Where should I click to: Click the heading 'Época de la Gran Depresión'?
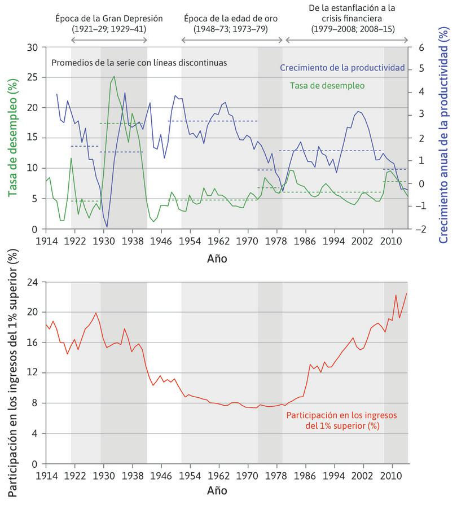tap(109, 19)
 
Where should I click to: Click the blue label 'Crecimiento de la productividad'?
tap(342, 68)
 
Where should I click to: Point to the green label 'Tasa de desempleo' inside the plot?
tap(327, 86)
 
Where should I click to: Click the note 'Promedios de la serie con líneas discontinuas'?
tap(139, 63)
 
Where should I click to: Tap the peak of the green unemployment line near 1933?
tap(114, 76)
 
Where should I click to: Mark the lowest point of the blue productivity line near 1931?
tap(107, 227)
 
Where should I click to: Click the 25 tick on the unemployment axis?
tap(32, 77)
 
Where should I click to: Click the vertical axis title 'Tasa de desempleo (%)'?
tap(11, 138)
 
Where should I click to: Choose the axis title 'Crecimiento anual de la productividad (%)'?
tap(443, 139)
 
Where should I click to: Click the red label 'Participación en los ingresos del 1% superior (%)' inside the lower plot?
tap(333, 420)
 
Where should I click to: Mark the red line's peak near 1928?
tap(96, 313)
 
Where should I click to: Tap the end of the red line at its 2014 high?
tap(406, 293)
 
